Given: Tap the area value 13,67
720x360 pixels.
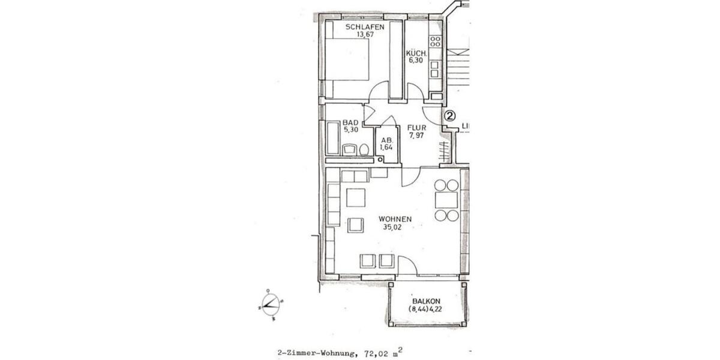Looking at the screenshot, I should click(x=364, y=35).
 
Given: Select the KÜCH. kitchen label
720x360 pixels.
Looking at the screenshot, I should click(x=415, y=53).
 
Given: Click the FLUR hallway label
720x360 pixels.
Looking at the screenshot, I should click(x=416, y=127).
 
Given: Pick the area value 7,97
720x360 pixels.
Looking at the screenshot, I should click(x=416, y=136).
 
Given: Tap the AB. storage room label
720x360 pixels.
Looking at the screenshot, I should click(x=387, y=140).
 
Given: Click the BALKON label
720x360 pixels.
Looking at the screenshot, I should click(x=427, y=301).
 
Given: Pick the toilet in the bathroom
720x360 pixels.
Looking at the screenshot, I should click(x=364, y=150).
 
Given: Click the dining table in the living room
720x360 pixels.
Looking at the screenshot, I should click(x=446, y=200).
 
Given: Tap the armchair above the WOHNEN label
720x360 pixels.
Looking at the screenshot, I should click(x=357, y=225).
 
